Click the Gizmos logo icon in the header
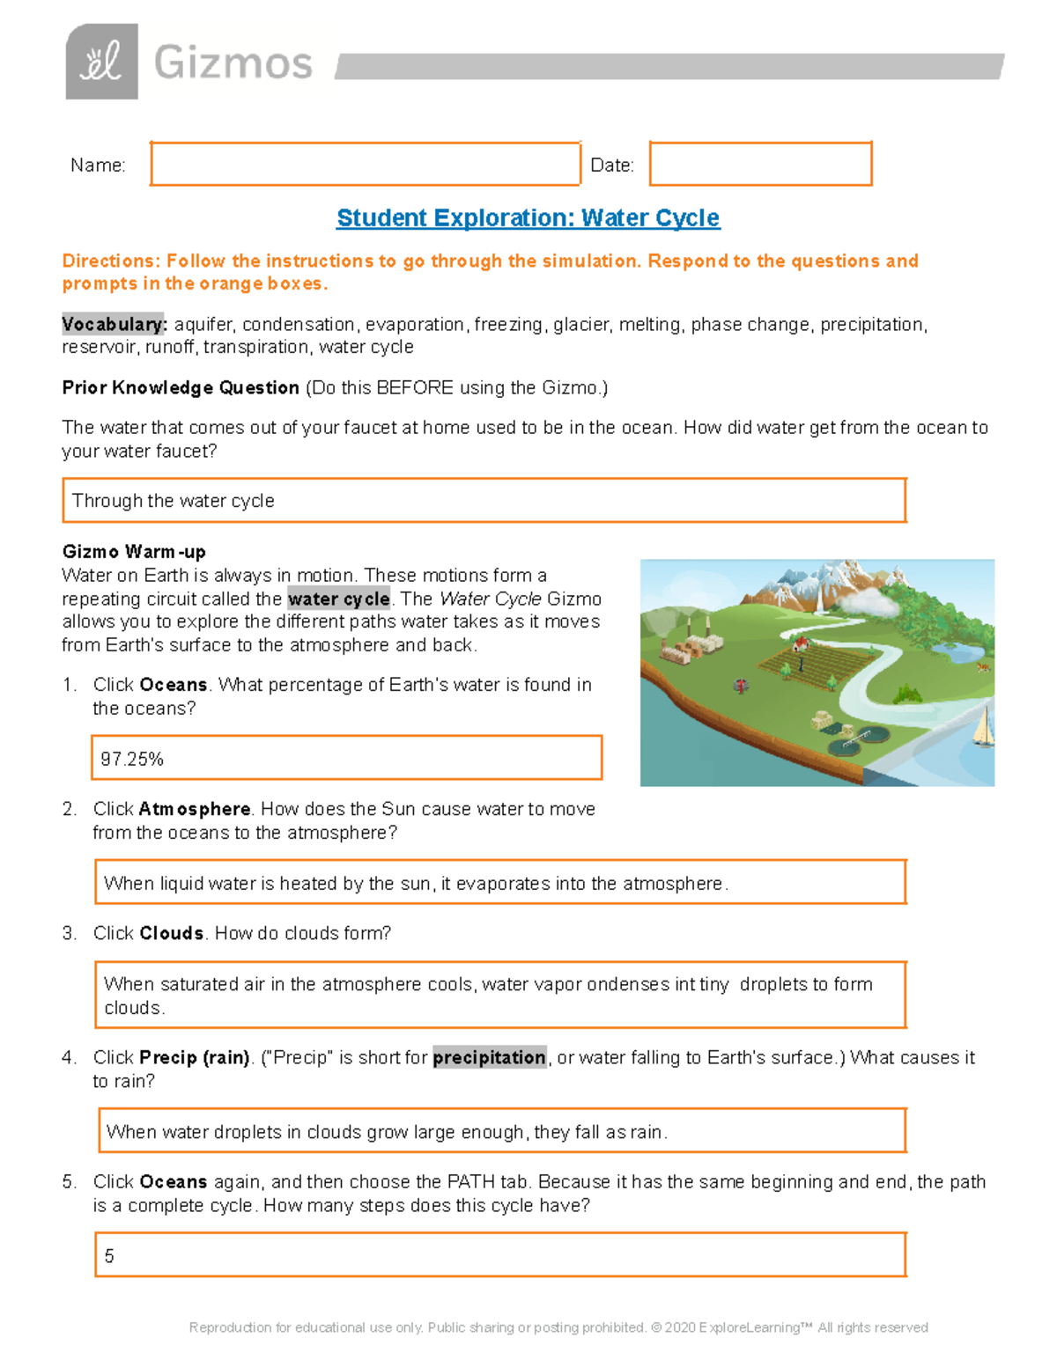tap(101, 62)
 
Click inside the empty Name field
tap(365, 164)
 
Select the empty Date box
tap(760, 164)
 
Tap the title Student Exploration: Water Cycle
tap(528, 217)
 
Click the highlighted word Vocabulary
tap(114, 324)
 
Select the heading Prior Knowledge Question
tap(181, 387)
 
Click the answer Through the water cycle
tap(174, 501)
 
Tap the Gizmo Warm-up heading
tap(134, 552)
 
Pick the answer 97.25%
tap(132, 759)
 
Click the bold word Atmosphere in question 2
tap(195, 809)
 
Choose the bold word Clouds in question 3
tap(172, 933)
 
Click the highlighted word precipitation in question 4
tap(489, 1057)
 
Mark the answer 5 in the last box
tap(109, 1256)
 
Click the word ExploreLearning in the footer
tap(749, 1327)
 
